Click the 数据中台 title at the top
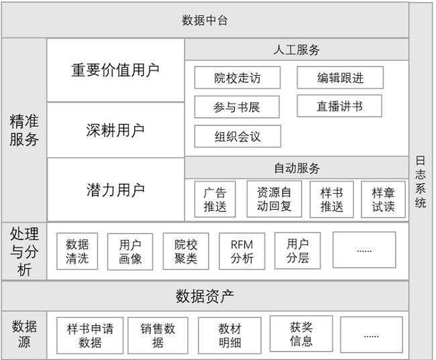pos(205,21)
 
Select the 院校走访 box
pos(237,78)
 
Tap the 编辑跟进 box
pos(340,78)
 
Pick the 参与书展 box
pos(237,107)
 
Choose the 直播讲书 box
pos(339,106)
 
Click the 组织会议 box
pos(237,136)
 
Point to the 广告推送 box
pos(215,199)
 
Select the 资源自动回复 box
pos(274,199)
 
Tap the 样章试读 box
pos(383,199)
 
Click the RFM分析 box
pos(242,251)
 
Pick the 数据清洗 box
pos(77,251)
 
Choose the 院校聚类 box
pos(186,251)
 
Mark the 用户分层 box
pos(298,251)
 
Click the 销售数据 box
pos(158,336)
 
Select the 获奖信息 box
pos(301,334)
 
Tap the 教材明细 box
pos(229,336)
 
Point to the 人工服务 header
pos(296,50)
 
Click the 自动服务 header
pos(296,168)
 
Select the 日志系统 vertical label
pos(421,182)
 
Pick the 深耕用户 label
pos(115,130)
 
